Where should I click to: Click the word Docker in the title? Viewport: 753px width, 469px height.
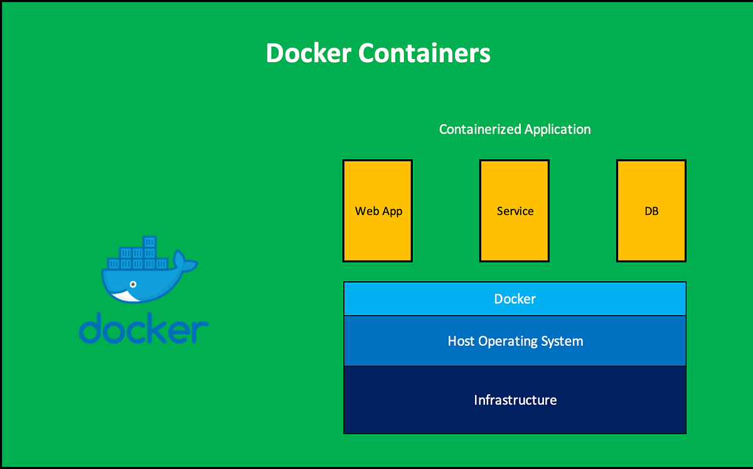[x=307, y=53]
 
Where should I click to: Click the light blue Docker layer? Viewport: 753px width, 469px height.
[x=515, y=299]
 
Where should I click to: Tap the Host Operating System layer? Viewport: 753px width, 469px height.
[x=515, y=342]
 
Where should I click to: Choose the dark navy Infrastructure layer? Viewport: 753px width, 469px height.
[x=515, y=400]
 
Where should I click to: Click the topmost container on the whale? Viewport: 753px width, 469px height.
[x=149, y=242]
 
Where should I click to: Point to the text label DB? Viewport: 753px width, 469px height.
[x=651, y=212]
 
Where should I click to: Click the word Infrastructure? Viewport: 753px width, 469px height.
[x=515, y=400]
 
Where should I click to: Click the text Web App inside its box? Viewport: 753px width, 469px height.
[x=378, y=212]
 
